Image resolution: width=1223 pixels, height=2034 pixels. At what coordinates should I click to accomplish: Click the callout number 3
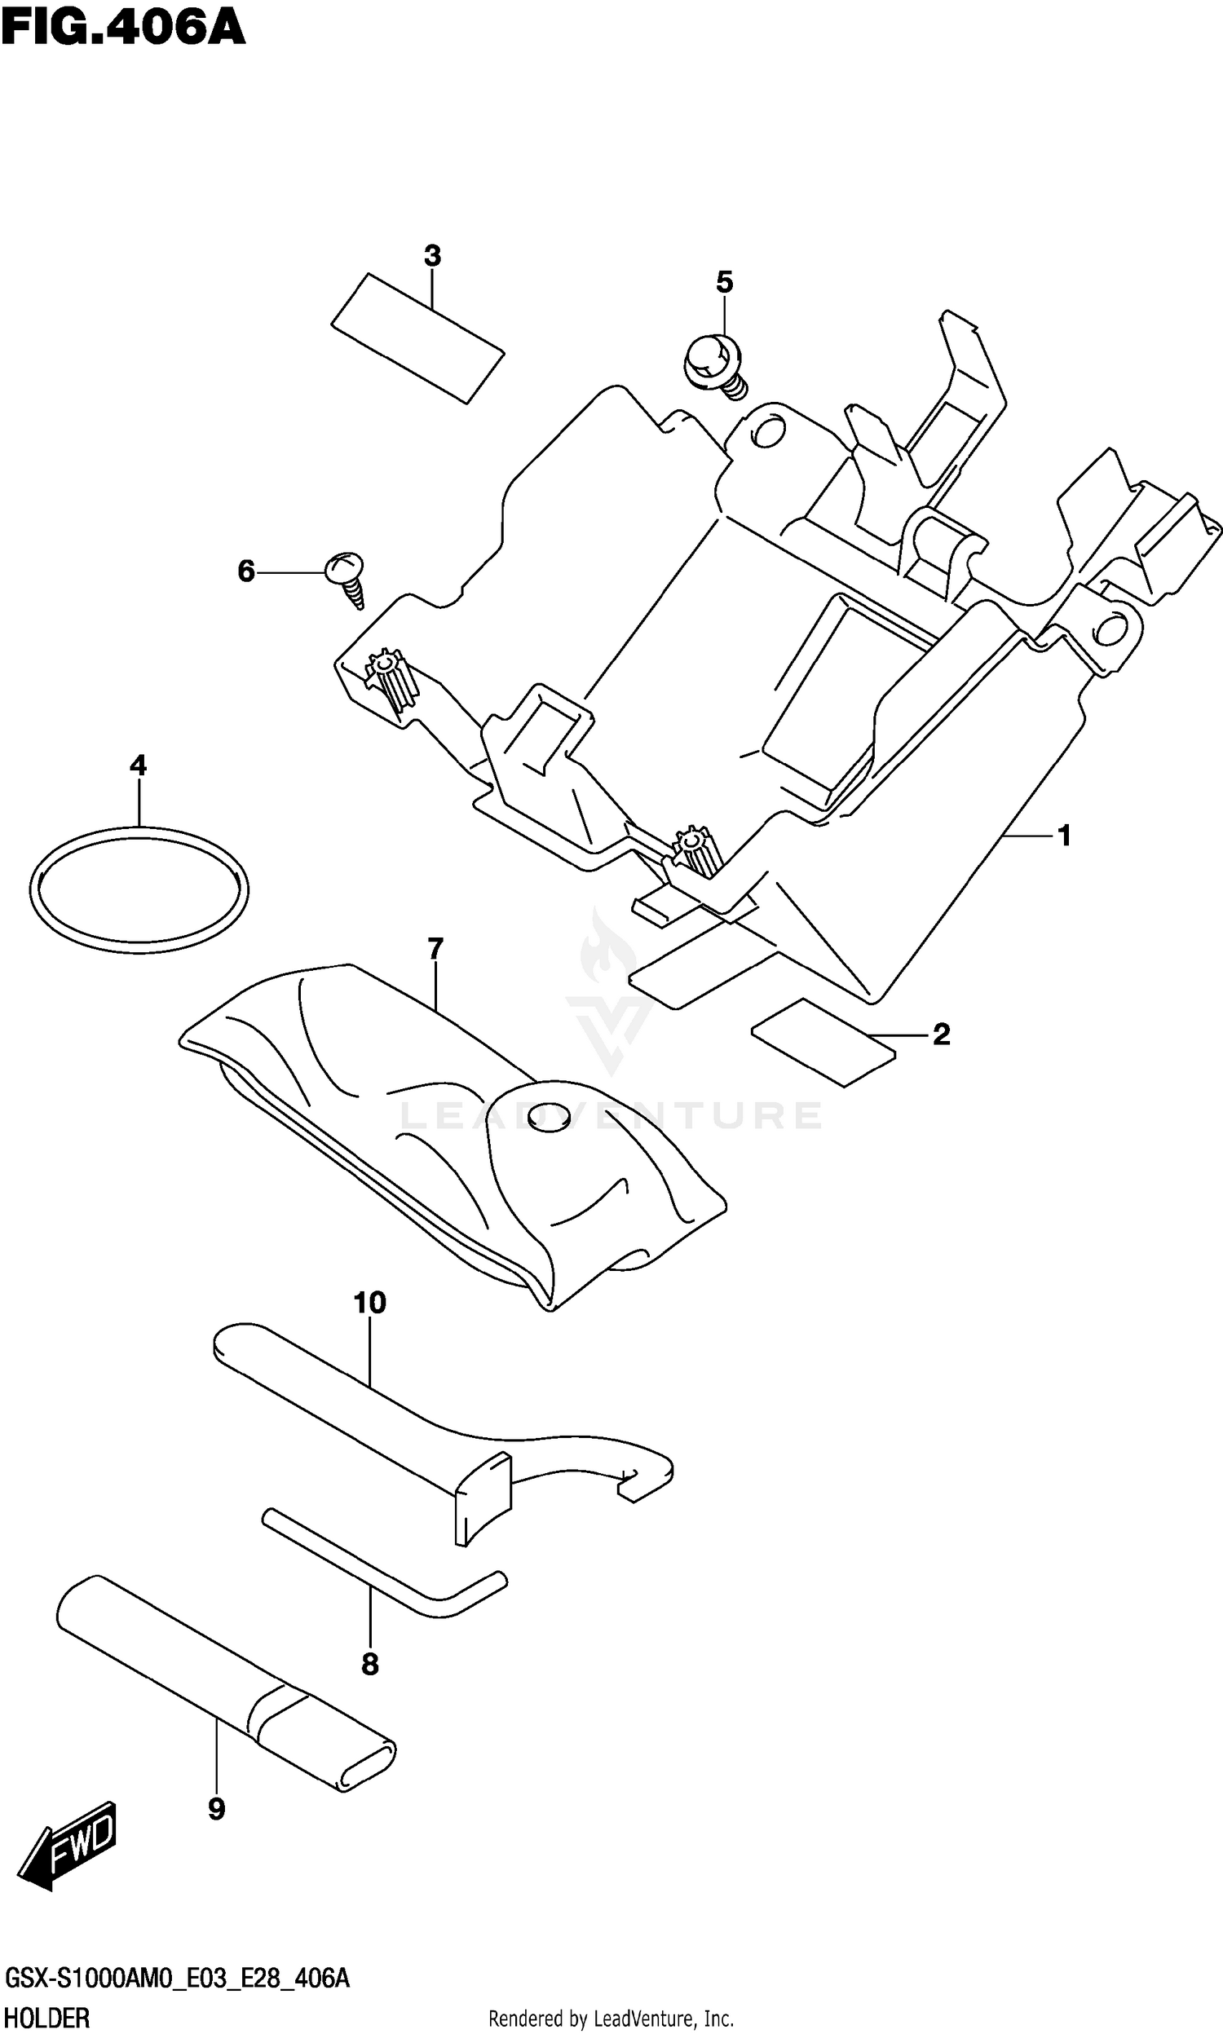point(433,256)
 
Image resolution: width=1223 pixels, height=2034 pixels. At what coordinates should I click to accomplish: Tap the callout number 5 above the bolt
point(724,283)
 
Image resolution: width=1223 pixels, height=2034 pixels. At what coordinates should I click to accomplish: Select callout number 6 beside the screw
point(246,571)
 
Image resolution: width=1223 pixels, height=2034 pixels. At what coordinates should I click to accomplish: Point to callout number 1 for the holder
point(1064,836)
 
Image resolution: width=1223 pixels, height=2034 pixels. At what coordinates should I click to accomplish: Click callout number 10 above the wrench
point(370,1304)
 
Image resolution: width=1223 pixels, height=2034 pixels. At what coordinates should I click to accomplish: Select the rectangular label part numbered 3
point(417,338)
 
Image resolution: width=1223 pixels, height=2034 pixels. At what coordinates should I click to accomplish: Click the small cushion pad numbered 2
point(823,1043)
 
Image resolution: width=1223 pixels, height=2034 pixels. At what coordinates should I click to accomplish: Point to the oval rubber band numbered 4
point(139,889)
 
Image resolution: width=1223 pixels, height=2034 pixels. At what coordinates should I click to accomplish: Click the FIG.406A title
point(124,28)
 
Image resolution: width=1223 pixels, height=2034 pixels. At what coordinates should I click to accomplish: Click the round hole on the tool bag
point(548,1115)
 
